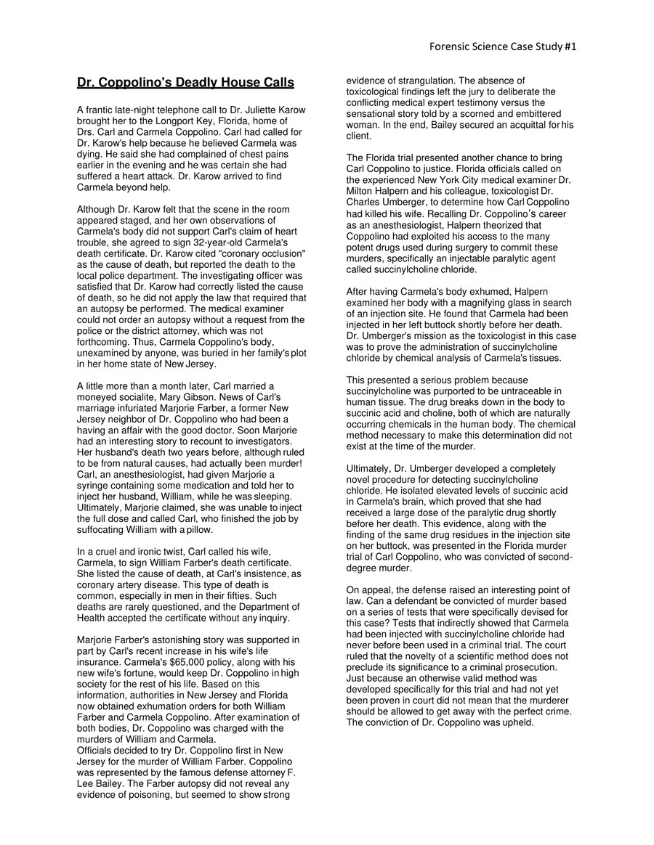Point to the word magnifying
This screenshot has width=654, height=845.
tap(475, 291)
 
